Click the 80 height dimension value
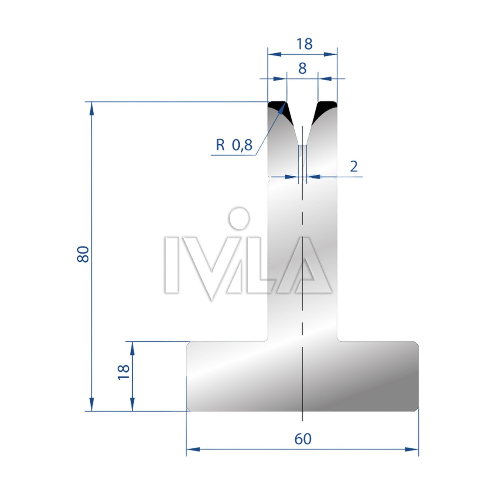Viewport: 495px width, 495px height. (x=83, y=254)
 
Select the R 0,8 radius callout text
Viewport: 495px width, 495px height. (x=234, y=145)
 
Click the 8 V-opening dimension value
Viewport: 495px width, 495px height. (x=302, y=69)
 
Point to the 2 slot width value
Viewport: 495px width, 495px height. (x=354, y=166)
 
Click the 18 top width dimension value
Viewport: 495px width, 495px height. (x=304, y=44)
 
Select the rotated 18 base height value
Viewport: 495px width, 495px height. (x=123, y=372)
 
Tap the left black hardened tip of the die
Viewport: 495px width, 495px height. (x=280, y=110)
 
